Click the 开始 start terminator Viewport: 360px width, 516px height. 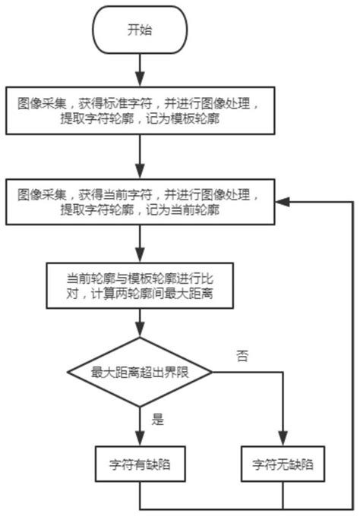[139, 31]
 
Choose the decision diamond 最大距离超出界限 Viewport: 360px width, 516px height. [139, 373]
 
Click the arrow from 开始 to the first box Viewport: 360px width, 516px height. [139, 70]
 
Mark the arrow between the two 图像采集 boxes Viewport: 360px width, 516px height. [139, 157]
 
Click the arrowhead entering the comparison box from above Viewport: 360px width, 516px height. [139, 255]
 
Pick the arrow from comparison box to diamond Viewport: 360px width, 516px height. [139, 322]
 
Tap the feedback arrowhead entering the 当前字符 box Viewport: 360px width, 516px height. [282, 202]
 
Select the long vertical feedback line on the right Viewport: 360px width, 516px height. [354, 357]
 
